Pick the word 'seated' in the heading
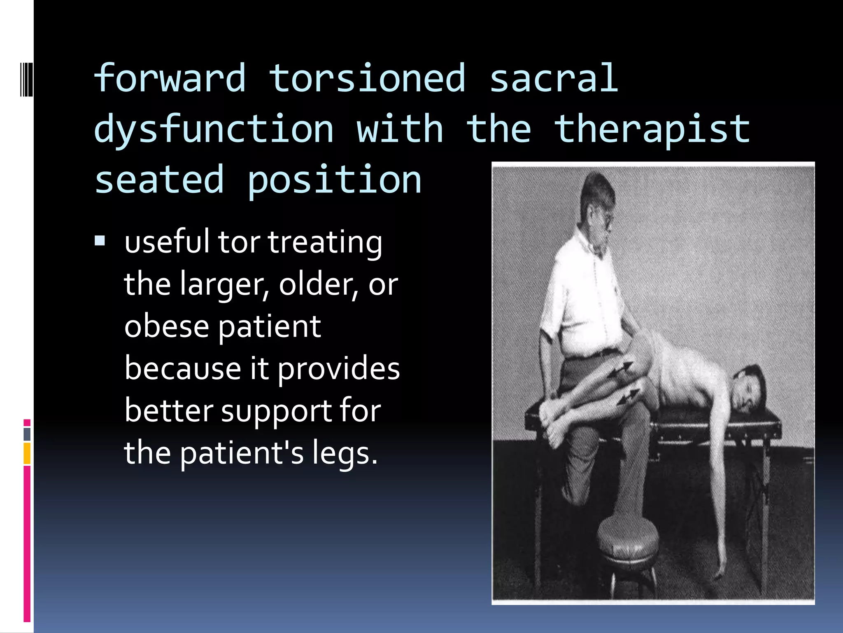159,180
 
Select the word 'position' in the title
334,180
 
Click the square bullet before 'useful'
100,240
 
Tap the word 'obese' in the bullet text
166,326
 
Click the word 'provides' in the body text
338,368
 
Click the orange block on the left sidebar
27,453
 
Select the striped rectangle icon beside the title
26,78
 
